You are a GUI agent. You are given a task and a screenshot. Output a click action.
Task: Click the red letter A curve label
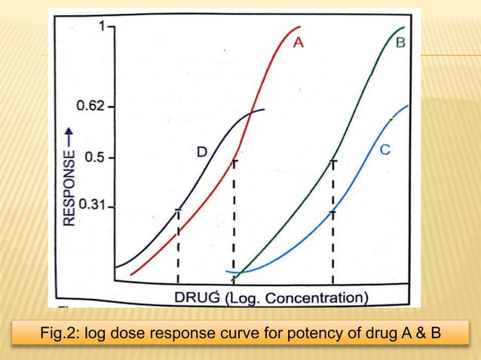tap(298, 43)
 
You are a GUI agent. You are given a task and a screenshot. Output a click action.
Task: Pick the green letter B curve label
tap(400, 43)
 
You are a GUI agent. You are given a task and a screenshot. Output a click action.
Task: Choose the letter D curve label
tap(202, 152)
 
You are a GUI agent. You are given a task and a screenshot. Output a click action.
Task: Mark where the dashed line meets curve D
tap(178, 212)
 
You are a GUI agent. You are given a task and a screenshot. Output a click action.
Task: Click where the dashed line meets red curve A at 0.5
tap(234, 160)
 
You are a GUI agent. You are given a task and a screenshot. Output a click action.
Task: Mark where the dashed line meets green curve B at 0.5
tap(332, 161)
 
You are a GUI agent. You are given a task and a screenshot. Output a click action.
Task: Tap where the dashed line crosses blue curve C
tap(332, 214)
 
